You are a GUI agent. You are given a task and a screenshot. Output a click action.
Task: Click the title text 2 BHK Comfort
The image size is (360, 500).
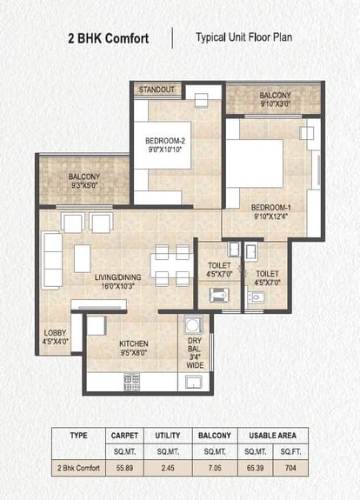click(x=109, y=38)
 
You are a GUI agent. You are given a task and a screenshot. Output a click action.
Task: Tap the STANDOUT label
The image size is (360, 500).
click(x=157, y=90)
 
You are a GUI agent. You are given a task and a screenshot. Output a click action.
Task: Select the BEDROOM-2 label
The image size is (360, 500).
click(x=165, y=141)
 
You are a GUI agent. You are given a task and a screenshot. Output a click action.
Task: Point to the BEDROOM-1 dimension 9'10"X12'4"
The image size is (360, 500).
click(x=270, y=217)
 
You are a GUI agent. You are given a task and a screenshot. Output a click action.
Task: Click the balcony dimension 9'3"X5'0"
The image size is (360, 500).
click(x=84, y=185)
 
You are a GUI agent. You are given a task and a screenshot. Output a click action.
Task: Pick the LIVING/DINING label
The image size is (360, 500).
click(x=117, y=277)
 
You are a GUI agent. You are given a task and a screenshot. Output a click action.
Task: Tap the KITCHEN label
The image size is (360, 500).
click(x=134, y=343)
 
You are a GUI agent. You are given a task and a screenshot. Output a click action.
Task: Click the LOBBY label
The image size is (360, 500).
click(x=55, y=332)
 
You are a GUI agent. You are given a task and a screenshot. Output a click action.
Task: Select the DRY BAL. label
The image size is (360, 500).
click(x=195, y=344)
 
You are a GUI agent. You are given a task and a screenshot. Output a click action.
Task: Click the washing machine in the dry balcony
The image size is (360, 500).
click(x=193, y=324)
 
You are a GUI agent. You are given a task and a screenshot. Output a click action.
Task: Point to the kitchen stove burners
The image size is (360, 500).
click(x=131, y=382)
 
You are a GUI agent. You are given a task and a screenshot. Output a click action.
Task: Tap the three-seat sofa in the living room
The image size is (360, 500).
click(x=51, y=260)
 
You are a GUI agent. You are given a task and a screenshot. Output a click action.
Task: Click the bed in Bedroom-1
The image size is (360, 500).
click(x=255, y=163)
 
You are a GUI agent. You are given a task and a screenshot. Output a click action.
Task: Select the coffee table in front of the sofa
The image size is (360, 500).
click(x=83, y=258)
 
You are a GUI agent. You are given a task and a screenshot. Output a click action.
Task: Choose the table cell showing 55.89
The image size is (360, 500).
click(x=124, y=468)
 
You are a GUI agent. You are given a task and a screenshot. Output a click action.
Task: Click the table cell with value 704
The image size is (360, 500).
click(x=290, y=468)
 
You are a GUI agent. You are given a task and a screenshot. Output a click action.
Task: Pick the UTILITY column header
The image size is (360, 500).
click(x=168, y=436)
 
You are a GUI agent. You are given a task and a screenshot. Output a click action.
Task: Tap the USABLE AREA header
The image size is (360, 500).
click(x=273, y=436)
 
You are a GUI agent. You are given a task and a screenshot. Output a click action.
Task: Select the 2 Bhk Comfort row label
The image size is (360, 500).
click(x=78, y=468)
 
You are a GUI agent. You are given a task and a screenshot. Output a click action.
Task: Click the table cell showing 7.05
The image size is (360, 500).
click(x=215, y=468)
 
